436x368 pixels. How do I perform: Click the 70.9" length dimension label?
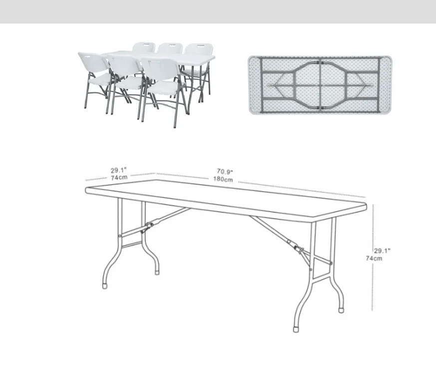[225, 171]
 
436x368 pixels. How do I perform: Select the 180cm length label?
[223, 179]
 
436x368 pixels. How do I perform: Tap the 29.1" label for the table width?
[119, 170]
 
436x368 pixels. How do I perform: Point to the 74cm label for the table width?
[119, 177]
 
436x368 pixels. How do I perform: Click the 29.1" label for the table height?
[382, 250]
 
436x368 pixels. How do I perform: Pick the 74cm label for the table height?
[374, 258]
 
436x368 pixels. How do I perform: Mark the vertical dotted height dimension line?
[373, 257]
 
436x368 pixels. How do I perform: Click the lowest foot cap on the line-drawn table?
[296, 329]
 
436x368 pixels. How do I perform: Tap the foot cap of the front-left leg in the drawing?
[105, 286]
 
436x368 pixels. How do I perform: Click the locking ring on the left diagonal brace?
[150, 224]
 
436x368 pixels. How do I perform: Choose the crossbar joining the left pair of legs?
[132, 244]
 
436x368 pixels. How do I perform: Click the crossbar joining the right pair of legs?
[323, 279]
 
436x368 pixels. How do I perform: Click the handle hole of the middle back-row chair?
[170, 45]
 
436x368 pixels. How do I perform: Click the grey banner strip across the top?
[218, 11]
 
